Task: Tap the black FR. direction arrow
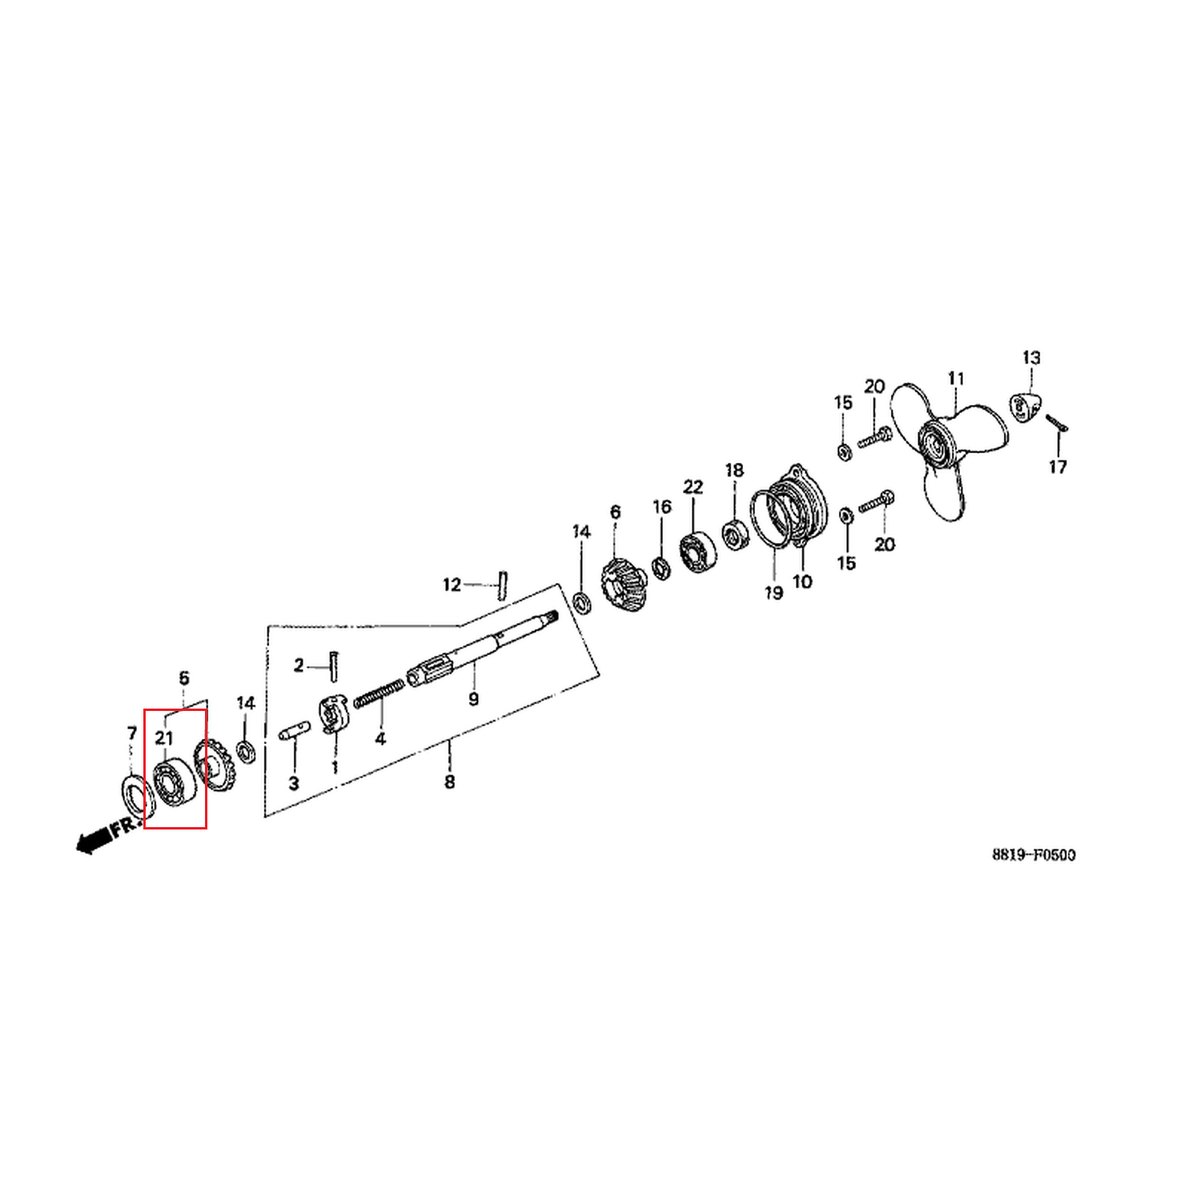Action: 94,841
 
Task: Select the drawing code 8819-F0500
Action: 1034,854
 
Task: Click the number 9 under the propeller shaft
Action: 473,700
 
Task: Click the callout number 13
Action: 1031,358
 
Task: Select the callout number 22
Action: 693,487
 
